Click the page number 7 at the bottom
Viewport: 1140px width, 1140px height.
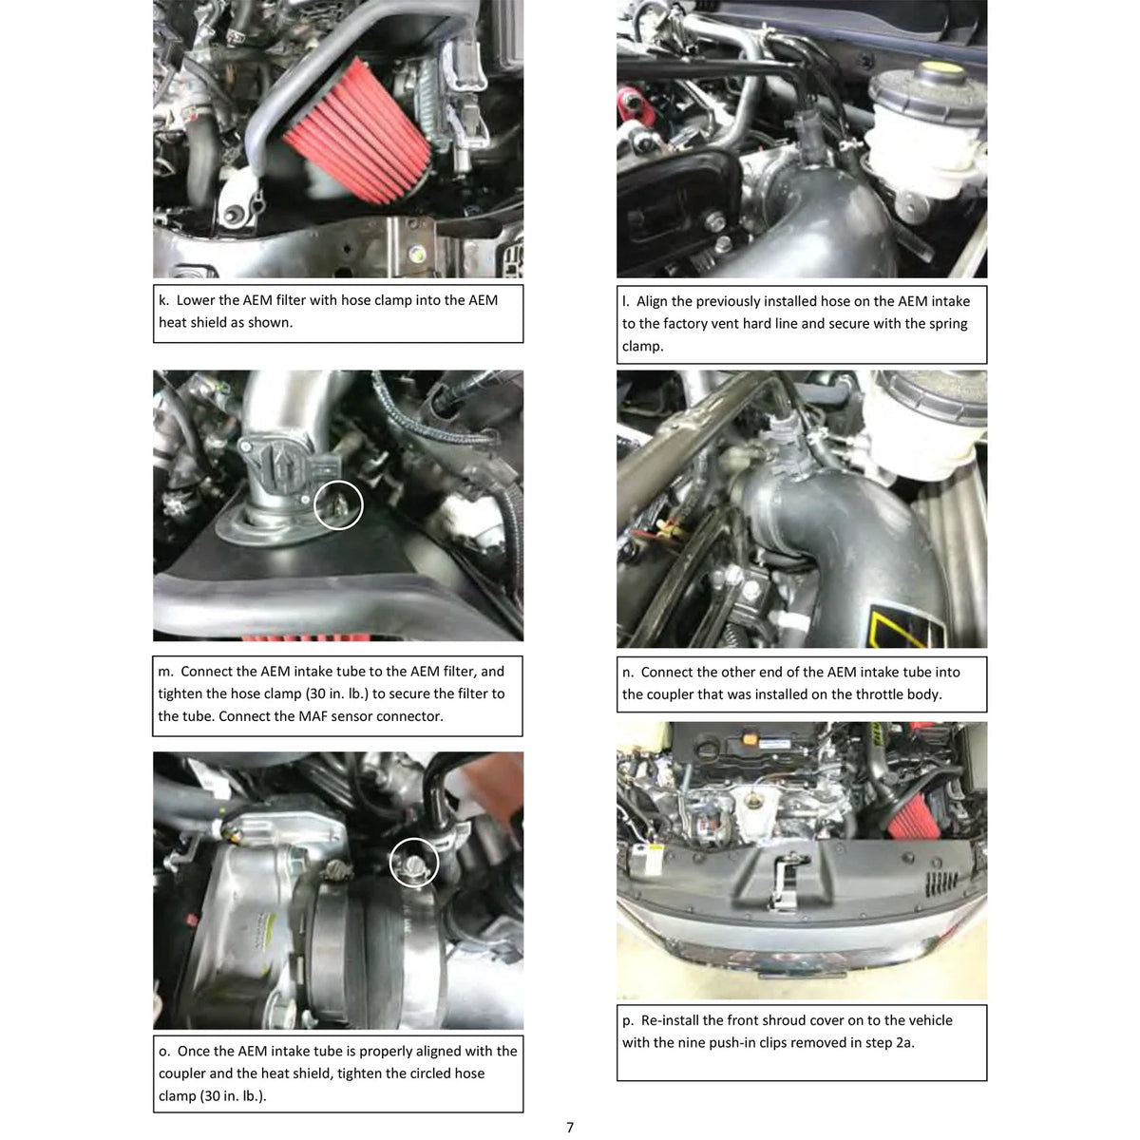click(x=569, y=1127)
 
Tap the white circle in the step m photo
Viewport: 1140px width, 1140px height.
click(x=338, y=504)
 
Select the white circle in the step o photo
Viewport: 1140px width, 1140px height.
click(x=414, y=863)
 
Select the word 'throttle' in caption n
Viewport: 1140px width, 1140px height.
click(x=881, y=693)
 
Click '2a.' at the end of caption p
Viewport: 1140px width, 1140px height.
click(x=904, y=1042)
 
